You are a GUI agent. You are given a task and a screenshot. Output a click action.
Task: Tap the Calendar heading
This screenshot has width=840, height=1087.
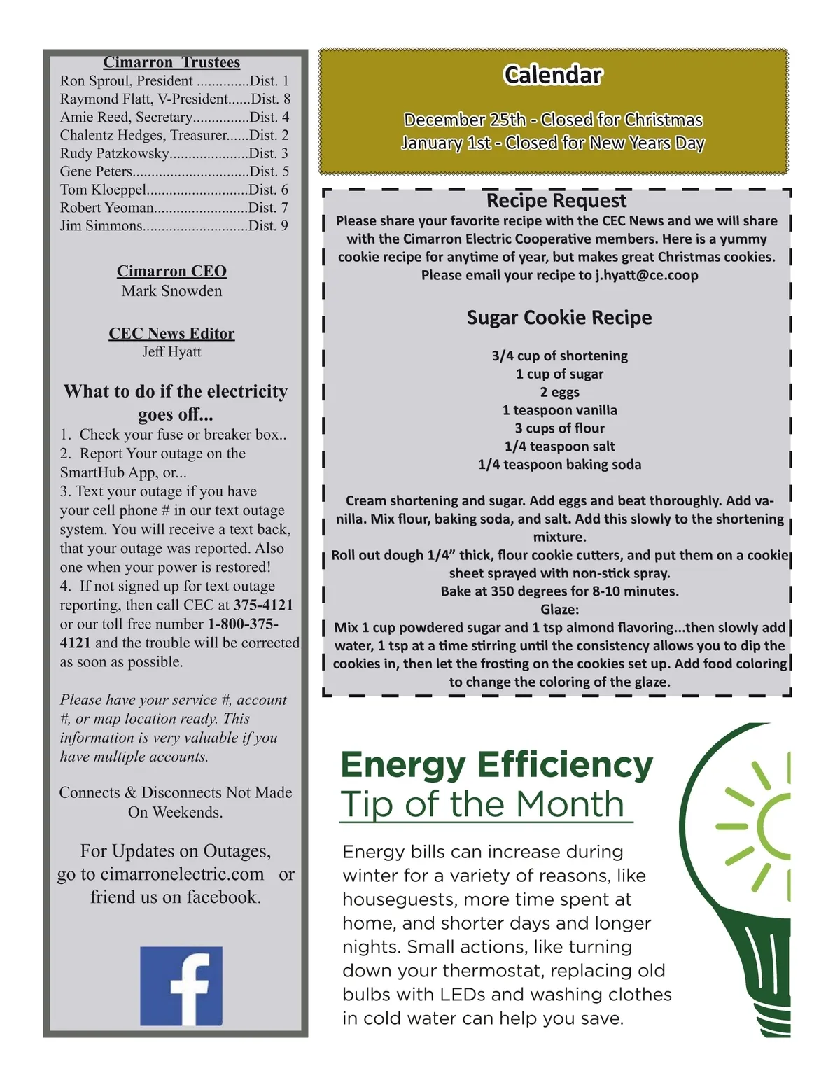(x=552, y=75)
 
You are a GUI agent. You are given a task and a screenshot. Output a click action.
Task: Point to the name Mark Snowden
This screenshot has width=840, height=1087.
(x=171, y=291)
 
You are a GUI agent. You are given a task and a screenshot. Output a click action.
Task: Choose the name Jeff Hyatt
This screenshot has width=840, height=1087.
(x=171, y=351)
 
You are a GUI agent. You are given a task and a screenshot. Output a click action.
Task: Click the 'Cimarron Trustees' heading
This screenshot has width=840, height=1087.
(x=171, y=62)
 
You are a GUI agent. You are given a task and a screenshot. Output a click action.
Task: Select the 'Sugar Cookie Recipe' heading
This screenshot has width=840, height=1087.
(x=559, y=318)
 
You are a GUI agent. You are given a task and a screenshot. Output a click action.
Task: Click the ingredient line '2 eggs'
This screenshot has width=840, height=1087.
(x=559, y=392)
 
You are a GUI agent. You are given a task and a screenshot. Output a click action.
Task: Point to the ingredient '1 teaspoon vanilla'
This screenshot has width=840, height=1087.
(x=559, y=410)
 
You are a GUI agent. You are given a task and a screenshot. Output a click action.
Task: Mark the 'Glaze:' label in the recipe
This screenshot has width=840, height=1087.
(x=559, y=609)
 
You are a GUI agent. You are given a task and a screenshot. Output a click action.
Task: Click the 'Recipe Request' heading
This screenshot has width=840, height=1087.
(x=556, y=201)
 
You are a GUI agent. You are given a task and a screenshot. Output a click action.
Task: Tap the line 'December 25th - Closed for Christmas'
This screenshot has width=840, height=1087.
(x=553, y=120)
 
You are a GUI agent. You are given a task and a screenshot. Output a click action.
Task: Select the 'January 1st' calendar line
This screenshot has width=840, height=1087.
(x=553, y=143)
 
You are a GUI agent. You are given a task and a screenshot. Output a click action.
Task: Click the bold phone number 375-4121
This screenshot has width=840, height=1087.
(x=263, y=605)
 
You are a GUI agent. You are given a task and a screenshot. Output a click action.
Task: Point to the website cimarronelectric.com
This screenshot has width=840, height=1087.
(x=182, y=874)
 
